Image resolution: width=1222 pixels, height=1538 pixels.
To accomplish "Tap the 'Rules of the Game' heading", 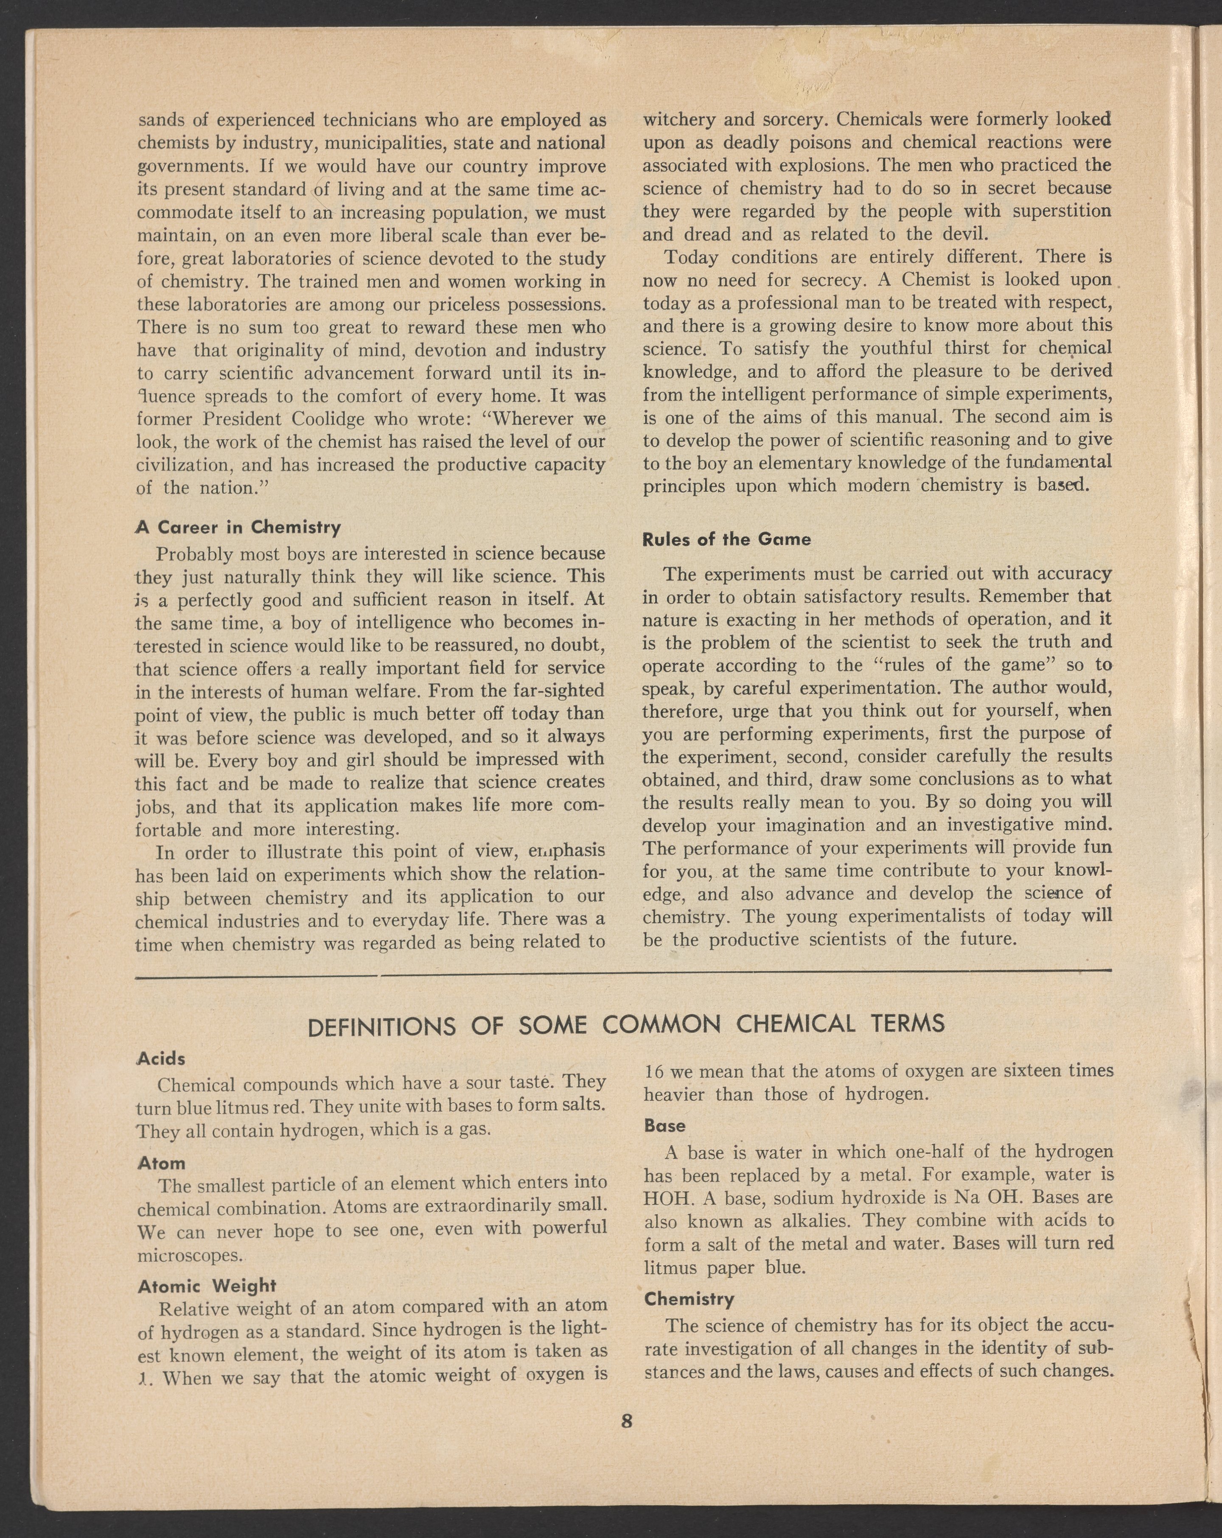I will (726, 539).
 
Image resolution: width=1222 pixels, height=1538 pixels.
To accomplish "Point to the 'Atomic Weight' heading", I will (206, 1285).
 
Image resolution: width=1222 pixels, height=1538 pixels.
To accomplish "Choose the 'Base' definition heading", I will (664, 1125).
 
